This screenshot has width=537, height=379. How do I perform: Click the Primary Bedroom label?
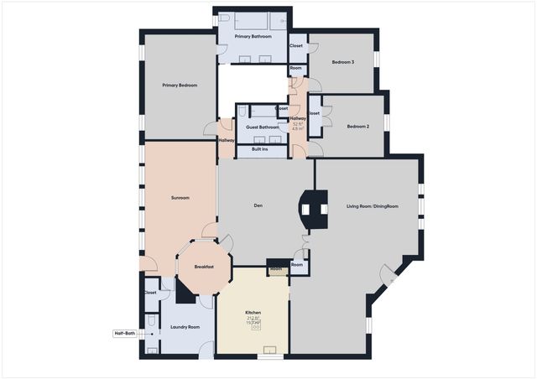180,85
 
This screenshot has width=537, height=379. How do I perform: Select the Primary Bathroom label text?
253,37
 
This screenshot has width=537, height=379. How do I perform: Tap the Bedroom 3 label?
342,62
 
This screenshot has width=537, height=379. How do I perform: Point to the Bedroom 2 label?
358,127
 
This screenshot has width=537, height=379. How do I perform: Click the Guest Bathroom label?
262,127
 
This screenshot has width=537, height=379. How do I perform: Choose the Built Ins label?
259,149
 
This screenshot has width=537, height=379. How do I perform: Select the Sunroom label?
180,198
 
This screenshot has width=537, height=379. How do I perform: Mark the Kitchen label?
253,313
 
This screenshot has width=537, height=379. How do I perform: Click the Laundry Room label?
184,327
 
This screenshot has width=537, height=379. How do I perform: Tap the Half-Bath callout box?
125,333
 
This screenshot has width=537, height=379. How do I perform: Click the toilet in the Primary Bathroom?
223,18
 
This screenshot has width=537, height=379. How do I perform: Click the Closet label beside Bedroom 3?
296,45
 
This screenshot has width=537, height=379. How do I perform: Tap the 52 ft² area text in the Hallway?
297,124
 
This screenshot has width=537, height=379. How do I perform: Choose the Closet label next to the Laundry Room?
150,293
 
